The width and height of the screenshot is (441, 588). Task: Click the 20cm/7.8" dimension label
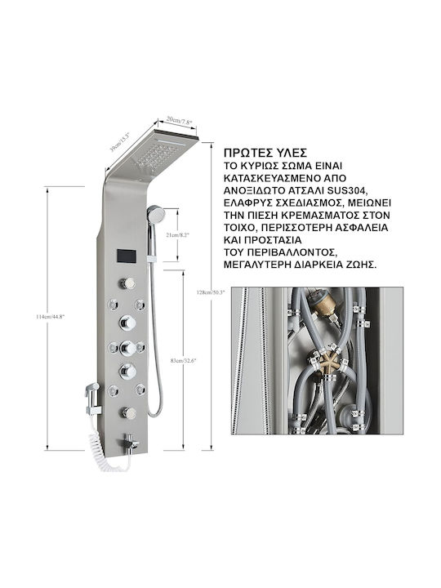179,122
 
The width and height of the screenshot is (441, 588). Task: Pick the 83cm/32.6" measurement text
184,360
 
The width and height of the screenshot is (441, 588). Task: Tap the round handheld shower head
156,214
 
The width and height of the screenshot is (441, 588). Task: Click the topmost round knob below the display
127,283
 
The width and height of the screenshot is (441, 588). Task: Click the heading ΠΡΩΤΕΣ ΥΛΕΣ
265,153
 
